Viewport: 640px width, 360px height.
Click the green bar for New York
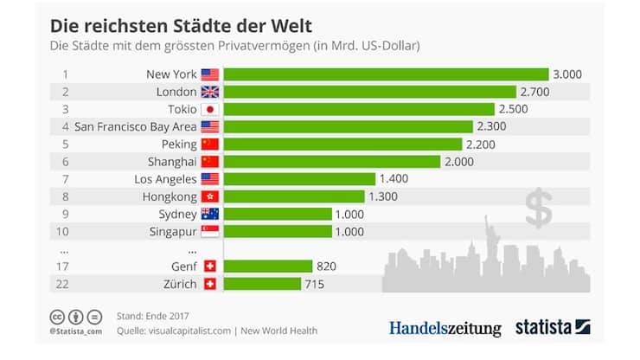pos(386,74)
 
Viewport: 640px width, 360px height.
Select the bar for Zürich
pos(262,284)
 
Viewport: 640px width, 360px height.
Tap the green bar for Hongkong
pos(294,196)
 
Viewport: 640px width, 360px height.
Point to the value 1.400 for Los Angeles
pos(395,179)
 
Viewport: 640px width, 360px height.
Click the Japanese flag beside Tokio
pos(210,109)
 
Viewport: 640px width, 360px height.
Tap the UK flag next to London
pos(210,92)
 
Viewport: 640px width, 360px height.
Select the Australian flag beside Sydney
pos(210,214)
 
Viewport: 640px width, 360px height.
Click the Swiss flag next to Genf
pos(210,267)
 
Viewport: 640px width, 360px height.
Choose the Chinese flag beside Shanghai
pos(210,162)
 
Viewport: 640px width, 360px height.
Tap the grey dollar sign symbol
pos(539,208)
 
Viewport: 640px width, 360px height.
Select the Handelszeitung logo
pos(445,328)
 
